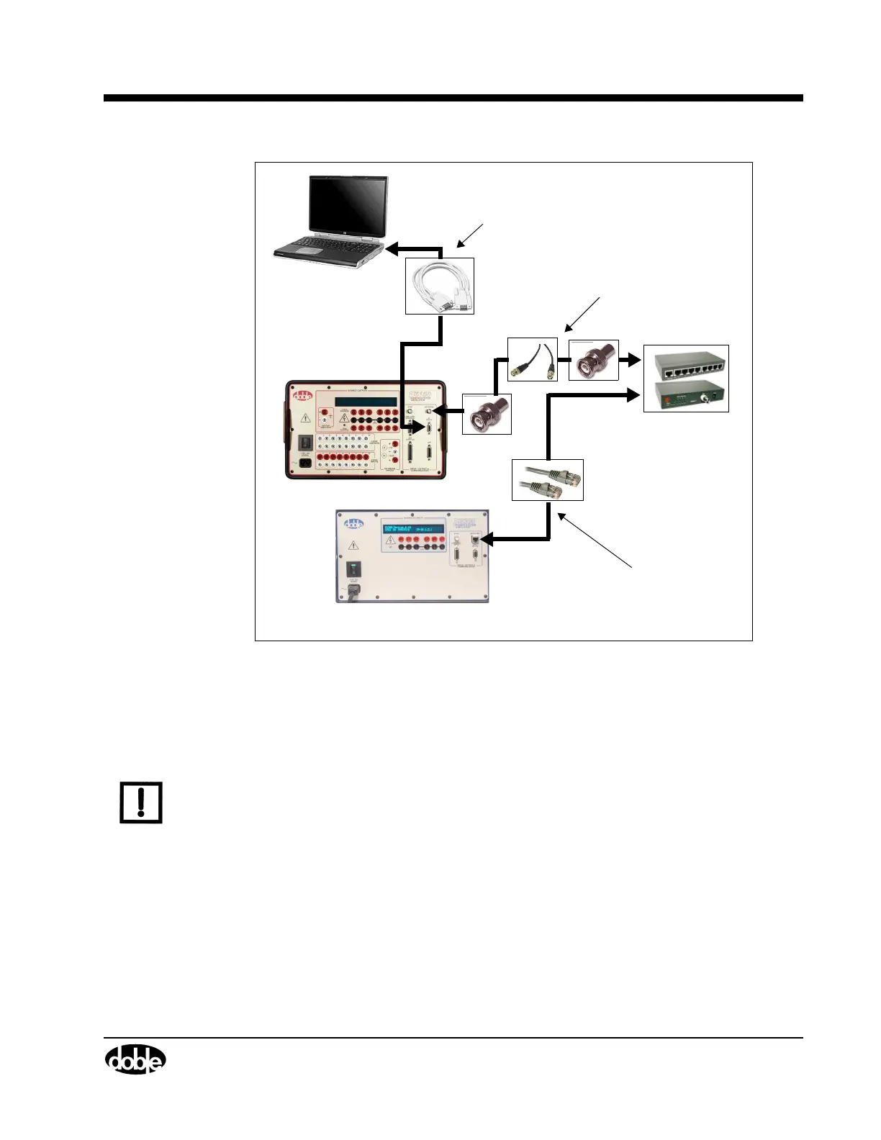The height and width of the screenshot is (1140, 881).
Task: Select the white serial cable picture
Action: [440, 286]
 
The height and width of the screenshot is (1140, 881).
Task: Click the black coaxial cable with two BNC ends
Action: [533, 359]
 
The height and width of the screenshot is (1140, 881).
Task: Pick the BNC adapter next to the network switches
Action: [594, 361]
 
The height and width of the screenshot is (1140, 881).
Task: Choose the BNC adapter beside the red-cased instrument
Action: [486, 415]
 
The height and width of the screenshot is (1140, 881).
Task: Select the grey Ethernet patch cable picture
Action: [548, 480]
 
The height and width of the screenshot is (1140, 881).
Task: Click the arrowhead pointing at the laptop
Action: [392, 249]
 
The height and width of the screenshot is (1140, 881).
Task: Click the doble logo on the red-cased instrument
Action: [302, 395]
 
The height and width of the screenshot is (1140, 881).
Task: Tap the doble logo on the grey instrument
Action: [354, 524]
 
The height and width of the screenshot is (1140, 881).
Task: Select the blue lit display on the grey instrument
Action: [414, 529]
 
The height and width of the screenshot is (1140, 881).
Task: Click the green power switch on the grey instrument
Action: [354, 569]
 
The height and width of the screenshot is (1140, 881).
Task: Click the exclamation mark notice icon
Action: [141, 802]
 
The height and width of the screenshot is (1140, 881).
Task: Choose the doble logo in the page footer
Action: [135, 1059]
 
